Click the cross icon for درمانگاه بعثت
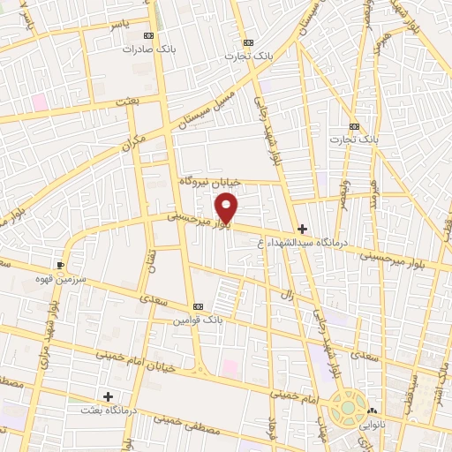pyautogui.click(x=108, y=397)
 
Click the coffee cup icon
pyautogui.click(x=61, y=264)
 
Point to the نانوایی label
pyautogui.click(x=374, y=425)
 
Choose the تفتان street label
pyautogui.click(x=150, y=261)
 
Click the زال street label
pyautogui.click(x=288, y=294)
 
